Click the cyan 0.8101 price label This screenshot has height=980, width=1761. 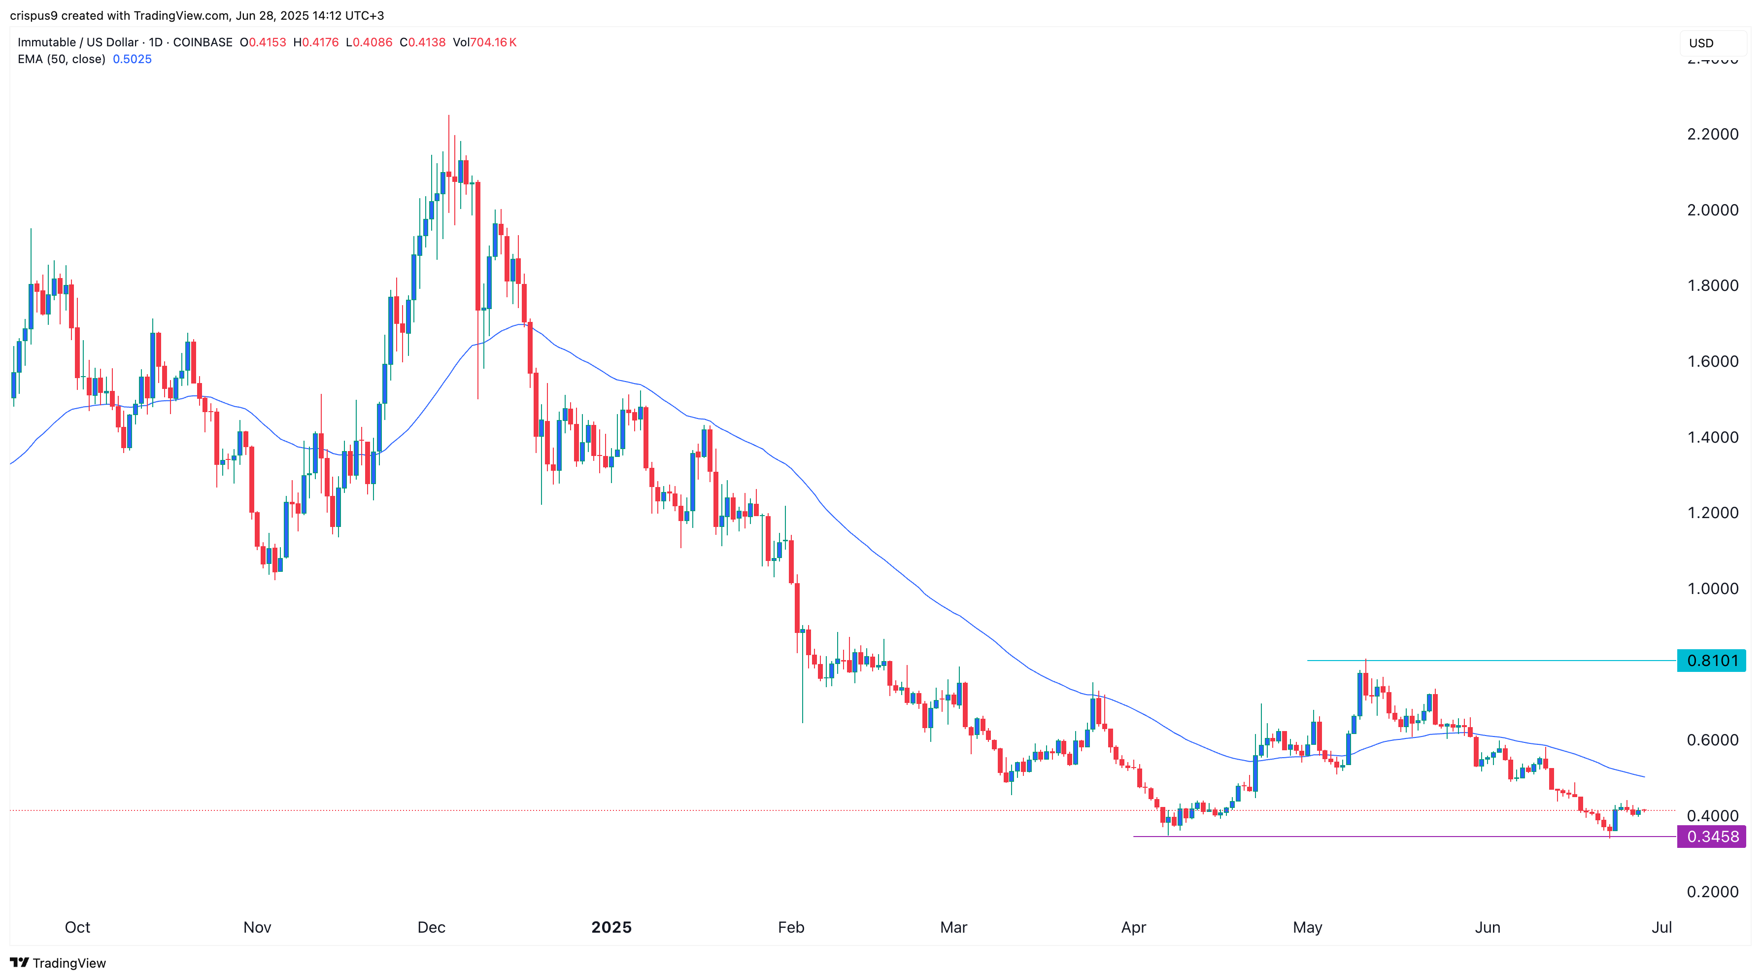[1711, 661]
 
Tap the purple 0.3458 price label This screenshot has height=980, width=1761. [1711, 837]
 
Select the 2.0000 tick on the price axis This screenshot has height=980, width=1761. [1712, 210]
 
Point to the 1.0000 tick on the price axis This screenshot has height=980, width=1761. [1712, 589]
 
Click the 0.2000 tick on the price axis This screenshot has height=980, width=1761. [1712, 892]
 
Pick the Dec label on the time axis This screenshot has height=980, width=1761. [431, 927]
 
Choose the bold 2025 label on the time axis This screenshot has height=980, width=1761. [611, 927]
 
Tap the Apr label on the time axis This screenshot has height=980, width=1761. [1133, 927]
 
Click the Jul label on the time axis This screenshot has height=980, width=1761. [1661, 927]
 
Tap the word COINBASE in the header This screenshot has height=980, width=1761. [203, 42]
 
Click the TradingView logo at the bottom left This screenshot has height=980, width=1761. [58, 963]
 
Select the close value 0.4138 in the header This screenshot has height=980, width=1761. [427, 42]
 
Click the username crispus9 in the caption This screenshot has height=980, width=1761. [34, 16]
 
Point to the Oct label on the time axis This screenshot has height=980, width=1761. [77, 927]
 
